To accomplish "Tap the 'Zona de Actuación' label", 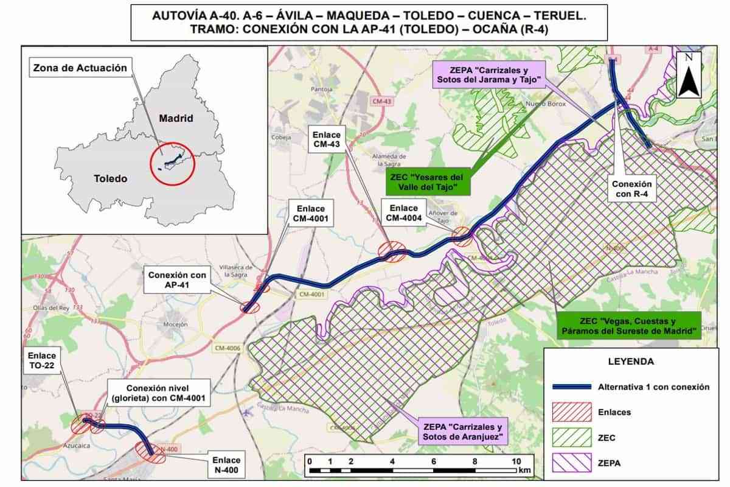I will point(80,68).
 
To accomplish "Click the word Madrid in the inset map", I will point(176,118).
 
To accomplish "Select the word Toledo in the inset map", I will point(111,178).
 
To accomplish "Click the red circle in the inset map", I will point(172,162).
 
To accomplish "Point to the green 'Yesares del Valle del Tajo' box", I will point(429,182).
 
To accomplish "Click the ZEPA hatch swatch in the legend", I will point(572,463).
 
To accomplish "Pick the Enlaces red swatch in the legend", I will point(572,412).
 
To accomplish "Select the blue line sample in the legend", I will point(572,387).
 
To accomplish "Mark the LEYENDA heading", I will point(631,362).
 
